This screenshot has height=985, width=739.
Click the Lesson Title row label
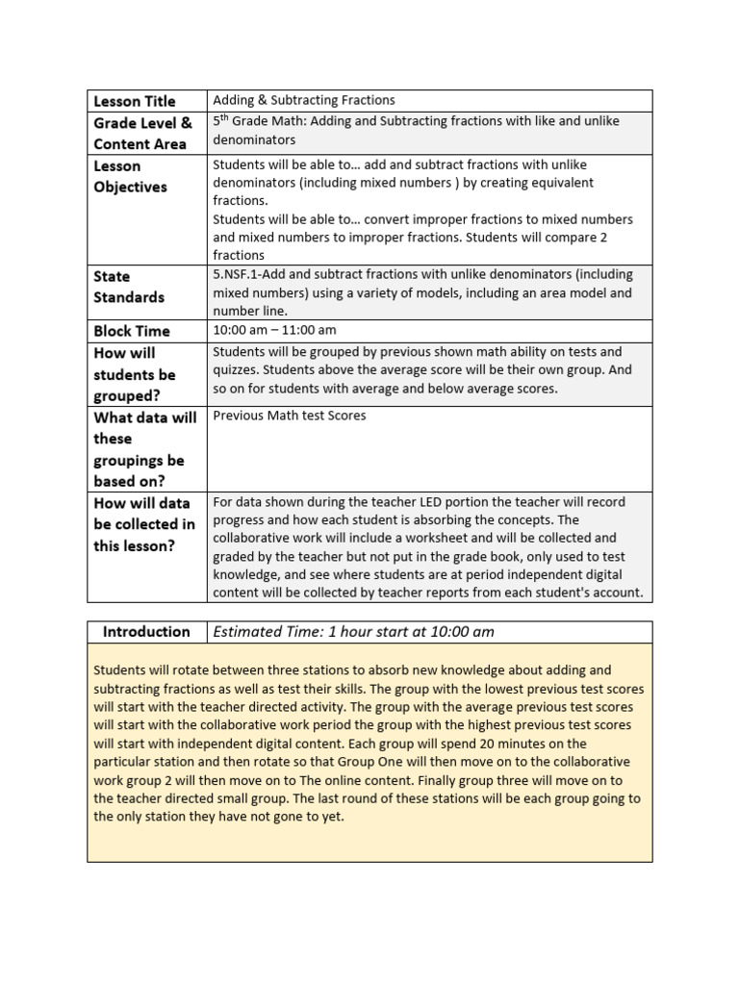135,101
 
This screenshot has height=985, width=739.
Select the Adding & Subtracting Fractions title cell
304,100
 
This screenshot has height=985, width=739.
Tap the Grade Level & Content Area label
142,134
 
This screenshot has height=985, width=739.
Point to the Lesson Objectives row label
130,176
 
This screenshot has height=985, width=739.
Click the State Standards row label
129,287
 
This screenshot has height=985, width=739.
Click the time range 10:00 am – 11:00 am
274,330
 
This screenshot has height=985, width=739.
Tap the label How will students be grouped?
134,374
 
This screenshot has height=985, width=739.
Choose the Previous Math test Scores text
289,416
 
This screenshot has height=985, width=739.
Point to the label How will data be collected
143,524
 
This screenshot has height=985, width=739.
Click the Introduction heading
146,632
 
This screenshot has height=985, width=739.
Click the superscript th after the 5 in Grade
226,117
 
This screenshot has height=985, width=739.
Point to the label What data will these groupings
144,448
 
